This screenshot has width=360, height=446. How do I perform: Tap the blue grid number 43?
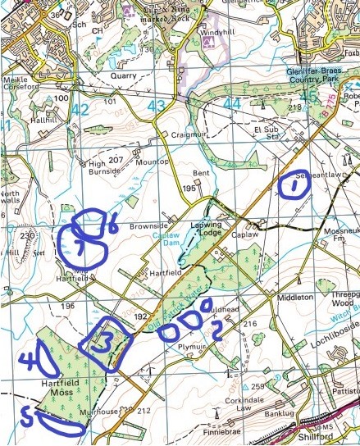[157, 107]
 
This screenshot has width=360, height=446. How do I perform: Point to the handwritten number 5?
[27, 416]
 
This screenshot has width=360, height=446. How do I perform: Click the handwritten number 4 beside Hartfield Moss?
[30, 358]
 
